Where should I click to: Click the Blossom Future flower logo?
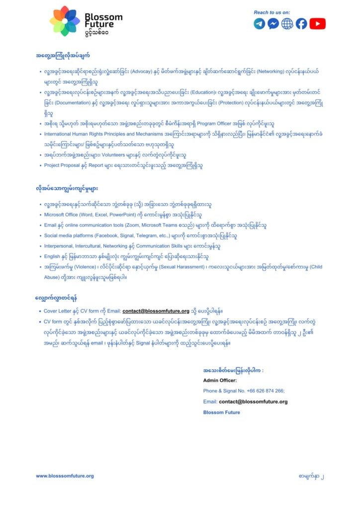coord(65,21)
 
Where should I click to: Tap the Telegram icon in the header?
coord(260,23)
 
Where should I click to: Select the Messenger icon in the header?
coord(273,23)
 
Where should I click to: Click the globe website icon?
coord(287,23)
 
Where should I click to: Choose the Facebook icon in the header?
coord(301,23)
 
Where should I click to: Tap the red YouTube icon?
coord(317,23)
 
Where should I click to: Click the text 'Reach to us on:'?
coord(271,12)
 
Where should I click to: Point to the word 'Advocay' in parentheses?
coord(156,72)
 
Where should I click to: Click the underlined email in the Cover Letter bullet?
coord(156,311)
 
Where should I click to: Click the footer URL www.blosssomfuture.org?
coord(65,476)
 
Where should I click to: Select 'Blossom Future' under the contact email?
coord(221,412)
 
